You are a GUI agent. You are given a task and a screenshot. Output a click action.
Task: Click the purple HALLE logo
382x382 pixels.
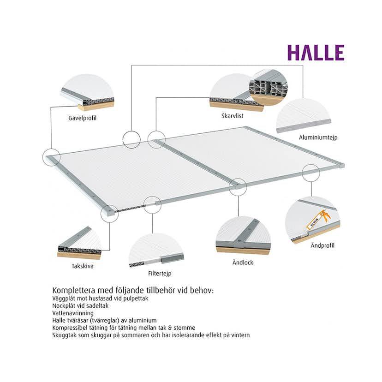(x=316, y=53)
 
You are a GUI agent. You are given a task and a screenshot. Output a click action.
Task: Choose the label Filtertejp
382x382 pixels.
(x=160, y=273)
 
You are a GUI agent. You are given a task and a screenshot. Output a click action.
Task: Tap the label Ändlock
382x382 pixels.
(x=244, y=263)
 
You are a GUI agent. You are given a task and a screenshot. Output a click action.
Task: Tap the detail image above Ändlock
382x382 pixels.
(x=243, y=235)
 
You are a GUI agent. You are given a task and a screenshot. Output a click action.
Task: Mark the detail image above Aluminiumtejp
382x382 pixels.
(x=304, y=115)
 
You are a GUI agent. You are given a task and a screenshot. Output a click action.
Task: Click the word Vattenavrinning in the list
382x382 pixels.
(x=73, y=312)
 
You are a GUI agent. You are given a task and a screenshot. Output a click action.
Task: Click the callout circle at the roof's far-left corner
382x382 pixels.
(x=51, y=157)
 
